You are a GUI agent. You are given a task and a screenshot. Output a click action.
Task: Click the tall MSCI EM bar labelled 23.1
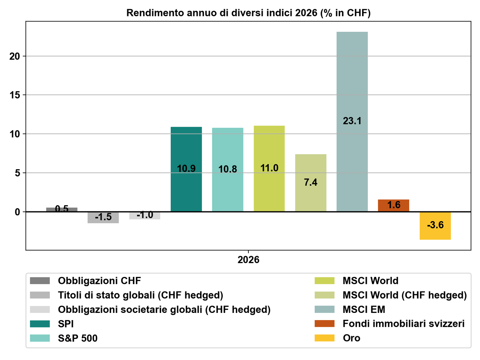(352, 122)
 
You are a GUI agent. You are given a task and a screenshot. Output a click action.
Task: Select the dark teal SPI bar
(186, 169)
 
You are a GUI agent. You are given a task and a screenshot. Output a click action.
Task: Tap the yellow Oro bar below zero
(435, 226)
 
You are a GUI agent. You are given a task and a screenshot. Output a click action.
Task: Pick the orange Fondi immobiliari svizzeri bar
(393, 206)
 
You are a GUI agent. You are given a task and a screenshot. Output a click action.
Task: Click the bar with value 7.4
(310, 183)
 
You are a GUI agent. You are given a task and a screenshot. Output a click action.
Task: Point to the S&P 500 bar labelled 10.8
(228, 170)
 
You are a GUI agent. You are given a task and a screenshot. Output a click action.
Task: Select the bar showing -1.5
(103, 218)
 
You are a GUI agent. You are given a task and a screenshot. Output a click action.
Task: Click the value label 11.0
(269, 168)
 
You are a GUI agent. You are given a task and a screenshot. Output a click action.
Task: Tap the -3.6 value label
(435, 225)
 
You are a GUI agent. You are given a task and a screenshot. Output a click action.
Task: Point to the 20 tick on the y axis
(15, 56)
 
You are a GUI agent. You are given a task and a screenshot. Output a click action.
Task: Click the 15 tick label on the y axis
(15, 95)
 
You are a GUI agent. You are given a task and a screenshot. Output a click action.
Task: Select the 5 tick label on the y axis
(17, 173)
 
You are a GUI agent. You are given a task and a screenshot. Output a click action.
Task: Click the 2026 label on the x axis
(248, 260)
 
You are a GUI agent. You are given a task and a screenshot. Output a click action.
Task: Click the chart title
(248, 13)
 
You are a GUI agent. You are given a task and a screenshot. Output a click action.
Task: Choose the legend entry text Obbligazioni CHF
(99, 281)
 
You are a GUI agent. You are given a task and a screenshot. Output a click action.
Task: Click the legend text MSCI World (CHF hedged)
(405, 295)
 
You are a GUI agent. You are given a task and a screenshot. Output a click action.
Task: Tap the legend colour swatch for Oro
(325, 338)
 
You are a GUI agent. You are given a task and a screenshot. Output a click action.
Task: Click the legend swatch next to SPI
(40, 324)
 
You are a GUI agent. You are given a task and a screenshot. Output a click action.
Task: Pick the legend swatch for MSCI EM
(325, 309)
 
